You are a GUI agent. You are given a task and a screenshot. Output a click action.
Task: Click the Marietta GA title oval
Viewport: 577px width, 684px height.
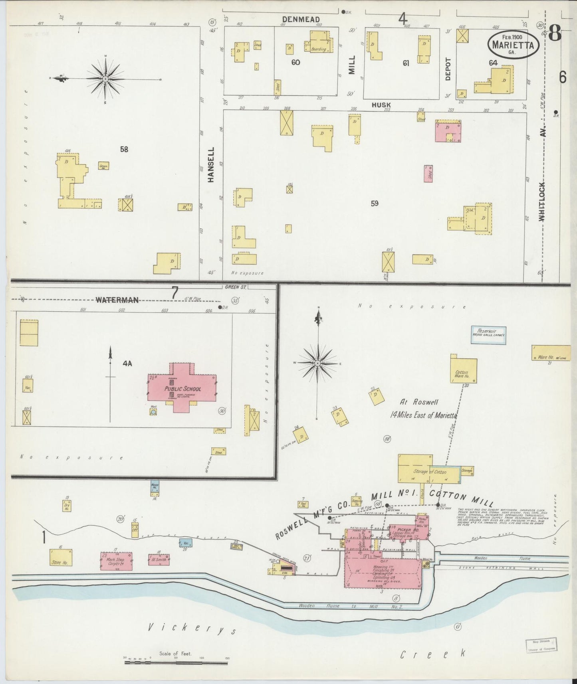[x=513, y=45]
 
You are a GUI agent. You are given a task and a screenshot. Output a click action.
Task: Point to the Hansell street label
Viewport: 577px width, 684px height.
[x=211, y=165]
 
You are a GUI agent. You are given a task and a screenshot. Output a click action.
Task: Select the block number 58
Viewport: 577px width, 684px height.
[x=124, y=149]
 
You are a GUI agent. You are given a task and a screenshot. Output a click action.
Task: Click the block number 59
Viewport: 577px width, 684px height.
[x=374, y=204]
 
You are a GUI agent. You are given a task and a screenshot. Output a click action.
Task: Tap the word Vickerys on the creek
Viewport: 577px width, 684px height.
[x=192, y=630]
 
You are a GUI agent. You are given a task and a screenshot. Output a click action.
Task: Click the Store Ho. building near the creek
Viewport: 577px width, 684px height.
[x=61, y=557]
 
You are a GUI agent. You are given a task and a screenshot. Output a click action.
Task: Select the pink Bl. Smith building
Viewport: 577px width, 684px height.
[x=159, y=559]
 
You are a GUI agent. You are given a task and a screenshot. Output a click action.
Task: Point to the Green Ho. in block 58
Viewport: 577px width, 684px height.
[x=104, y=166]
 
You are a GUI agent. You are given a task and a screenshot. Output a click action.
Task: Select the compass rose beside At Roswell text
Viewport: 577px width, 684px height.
[x=317, y=363]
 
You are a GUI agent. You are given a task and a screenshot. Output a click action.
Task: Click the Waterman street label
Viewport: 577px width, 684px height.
[x=117, y=300]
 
